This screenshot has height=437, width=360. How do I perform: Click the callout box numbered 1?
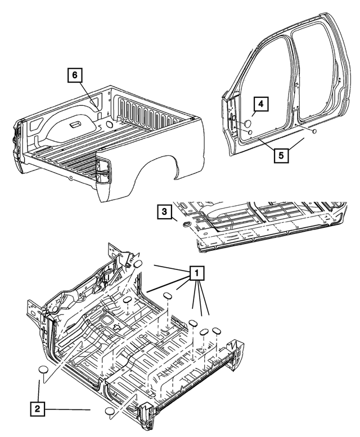pyautogui.click(x=197, y=273)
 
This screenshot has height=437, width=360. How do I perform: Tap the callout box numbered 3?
pyautogui.click(x=164, y=211)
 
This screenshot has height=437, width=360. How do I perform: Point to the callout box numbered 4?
pyautogui.click(x=260, y=104)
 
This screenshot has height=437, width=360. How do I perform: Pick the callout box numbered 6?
pyautogui.click(x=75, y=74)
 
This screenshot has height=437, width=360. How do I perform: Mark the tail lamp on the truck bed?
pyautogui.click(x=102, y=170)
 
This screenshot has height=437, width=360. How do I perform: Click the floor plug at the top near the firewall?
pyautogui.click(x=137, y=265)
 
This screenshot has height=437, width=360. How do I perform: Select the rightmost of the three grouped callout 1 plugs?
pyautogui.click(x=216, y=332)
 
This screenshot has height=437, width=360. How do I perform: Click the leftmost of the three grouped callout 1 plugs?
pyautogui.click(x=193, y=323)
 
